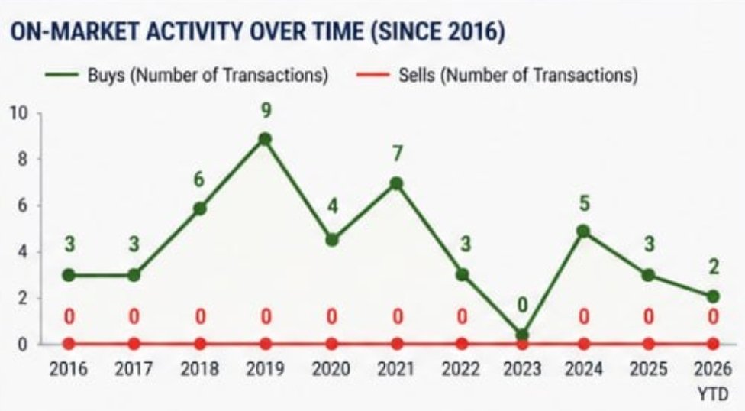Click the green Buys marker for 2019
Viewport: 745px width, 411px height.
265,139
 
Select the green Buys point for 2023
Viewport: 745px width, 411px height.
522,335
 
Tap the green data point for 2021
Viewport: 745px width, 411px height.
396,184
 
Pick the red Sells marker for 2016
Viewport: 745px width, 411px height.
69,344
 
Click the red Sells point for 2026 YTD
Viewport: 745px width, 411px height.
713,344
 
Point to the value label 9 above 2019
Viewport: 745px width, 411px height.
265,110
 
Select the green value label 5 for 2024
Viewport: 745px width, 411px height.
583,203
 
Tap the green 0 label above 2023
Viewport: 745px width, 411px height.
522,306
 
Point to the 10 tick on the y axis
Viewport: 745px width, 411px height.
18,113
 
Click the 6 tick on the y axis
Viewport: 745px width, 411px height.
23,205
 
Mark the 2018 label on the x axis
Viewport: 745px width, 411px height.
199,370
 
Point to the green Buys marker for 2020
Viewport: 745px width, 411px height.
331,240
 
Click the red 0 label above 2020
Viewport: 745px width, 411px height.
331,316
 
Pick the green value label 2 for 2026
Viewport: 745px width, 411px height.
713,268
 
